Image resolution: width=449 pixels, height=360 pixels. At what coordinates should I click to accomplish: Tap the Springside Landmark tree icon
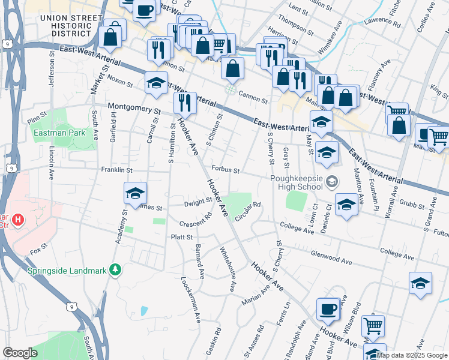pos(115,271)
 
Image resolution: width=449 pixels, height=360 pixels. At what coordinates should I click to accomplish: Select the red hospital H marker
pos(18,220)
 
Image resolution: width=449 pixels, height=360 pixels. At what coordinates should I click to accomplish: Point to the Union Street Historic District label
pos(70,23)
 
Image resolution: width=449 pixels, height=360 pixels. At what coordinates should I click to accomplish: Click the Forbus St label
pos(224,170)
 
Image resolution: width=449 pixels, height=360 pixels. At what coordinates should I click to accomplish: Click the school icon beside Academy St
pos(136,193)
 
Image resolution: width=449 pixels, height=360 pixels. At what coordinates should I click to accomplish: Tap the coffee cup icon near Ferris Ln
pos(328,308)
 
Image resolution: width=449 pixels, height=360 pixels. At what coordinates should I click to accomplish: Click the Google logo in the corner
pos(20,353)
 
